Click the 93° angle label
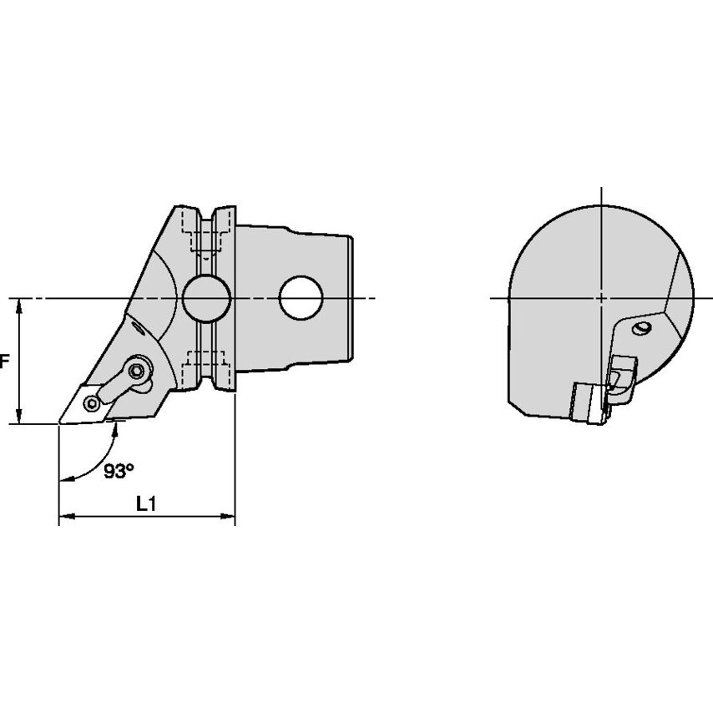119,471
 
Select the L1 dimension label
146,503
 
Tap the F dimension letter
4,362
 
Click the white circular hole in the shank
301,298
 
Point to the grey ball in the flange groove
207,298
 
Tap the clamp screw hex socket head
135,372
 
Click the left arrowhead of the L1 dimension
67,516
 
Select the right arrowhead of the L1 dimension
227,516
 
